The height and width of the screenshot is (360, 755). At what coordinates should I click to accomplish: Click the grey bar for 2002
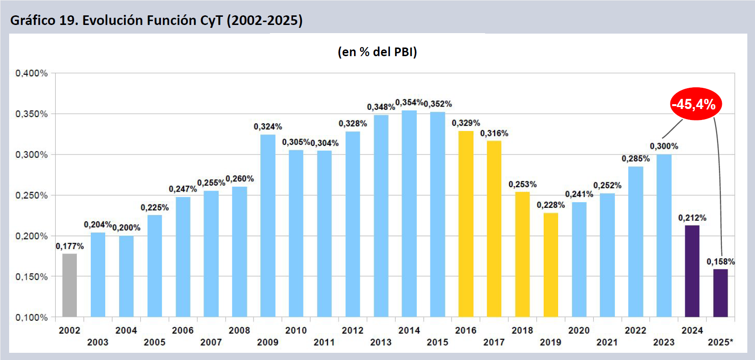click(70, 285)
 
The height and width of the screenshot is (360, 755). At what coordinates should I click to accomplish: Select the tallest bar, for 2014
click(409, 214)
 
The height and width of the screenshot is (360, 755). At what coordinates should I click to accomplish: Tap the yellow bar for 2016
click(466, 224)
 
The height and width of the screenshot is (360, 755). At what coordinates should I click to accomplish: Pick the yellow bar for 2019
click(551, 264)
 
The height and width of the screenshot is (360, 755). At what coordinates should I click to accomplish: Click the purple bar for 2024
click(692, 271)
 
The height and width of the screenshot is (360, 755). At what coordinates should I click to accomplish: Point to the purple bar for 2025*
click(720, 293)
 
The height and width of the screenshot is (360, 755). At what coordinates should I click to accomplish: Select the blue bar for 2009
click(268, 226)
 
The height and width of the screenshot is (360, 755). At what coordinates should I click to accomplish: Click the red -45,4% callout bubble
click(696, 104)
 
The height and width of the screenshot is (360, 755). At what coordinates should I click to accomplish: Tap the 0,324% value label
click(268, 127)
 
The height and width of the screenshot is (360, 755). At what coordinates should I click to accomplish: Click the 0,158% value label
click(720, 262)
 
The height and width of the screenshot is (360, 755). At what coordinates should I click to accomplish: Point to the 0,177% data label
click(70, 246)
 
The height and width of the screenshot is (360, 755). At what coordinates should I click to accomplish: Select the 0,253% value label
click(523, 184)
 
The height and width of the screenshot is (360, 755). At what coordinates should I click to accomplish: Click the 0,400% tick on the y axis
click(32, 73)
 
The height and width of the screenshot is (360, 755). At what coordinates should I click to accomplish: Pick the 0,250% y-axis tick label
click(32, 195)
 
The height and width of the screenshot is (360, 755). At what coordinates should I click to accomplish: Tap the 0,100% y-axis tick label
click(32, 317)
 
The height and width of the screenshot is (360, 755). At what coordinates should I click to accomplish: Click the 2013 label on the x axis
click(381, 342)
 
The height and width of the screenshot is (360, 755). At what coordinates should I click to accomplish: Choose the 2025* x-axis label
click(720, 342)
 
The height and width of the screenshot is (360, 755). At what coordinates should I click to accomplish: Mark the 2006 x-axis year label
click(183, 330)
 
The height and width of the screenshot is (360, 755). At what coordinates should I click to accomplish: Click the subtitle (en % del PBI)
click(377, 52)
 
